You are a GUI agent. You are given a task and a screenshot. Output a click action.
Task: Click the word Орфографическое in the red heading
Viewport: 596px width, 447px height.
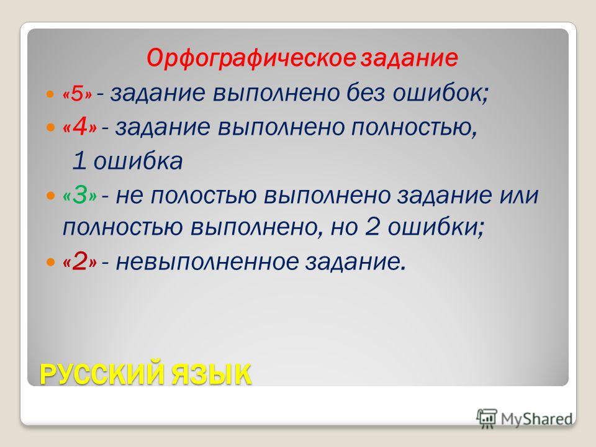click(251, 58)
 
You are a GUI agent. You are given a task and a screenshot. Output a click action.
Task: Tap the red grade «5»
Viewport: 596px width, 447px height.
click(78, 94)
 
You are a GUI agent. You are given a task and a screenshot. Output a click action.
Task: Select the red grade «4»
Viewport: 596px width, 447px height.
click(80, 127)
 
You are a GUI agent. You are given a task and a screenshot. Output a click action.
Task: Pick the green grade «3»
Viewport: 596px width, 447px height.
click(80, 196)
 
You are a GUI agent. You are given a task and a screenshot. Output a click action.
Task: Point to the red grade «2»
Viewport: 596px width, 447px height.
click(80, 262)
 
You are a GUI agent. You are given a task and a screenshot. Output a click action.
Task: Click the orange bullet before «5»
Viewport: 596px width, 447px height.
click(50, 94)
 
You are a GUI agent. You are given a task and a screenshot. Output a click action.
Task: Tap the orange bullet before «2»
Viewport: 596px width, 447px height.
click(50, 262)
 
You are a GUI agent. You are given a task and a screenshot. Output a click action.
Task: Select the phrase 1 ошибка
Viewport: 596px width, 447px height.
click(127, 161)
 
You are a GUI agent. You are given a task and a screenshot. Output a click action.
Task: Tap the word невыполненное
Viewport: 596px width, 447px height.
click(207, 262)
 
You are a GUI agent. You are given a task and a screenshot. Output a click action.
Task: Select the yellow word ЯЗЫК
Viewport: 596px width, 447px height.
click(211, 374)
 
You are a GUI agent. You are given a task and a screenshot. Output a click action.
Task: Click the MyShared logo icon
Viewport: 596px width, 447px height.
click(487, 419)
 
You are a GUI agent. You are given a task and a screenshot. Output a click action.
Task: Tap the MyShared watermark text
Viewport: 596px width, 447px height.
click(536, 419)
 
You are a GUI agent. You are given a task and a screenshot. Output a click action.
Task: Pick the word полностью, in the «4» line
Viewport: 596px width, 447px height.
click(413, 127)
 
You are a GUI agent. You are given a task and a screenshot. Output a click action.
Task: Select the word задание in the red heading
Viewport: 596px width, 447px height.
click(409, 58)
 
